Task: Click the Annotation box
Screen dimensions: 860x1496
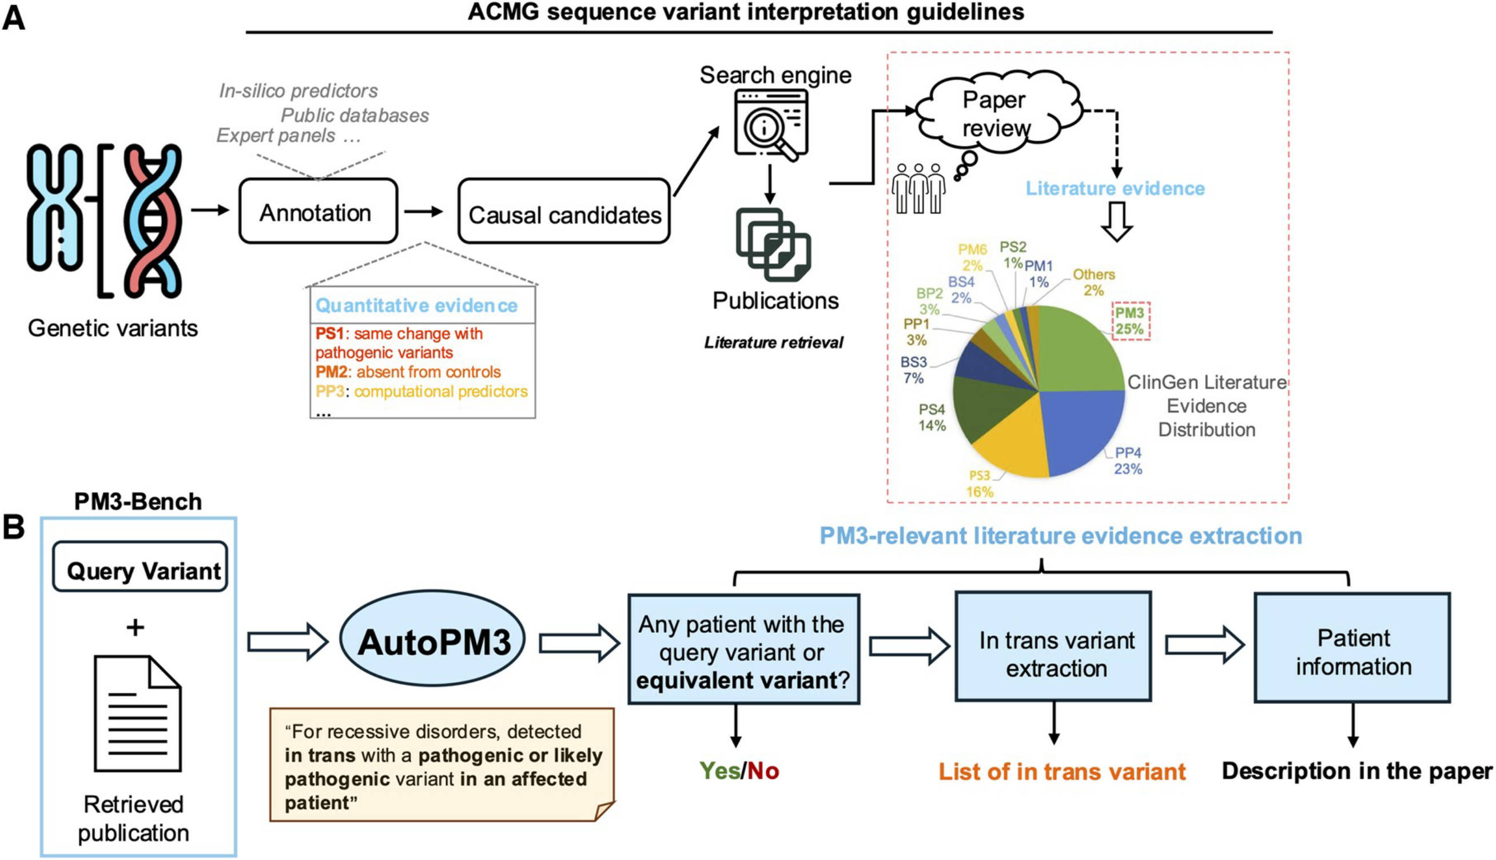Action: pyautogui.click(x=317, y=212)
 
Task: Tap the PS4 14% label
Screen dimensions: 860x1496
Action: pyautogui.click(x=932, y=417)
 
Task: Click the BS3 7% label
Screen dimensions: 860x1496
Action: pyautogui.click(x=913, y=370)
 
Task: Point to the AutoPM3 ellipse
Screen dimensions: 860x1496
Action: pyautogui.click(x=433, y=640)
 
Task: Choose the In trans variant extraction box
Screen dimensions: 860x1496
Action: pyautogui.click(x=1054, y=647)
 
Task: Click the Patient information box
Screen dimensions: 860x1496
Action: pyautogui.click(x=1352, y=648)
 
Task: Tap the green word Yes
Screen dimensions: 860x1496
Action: pyautogui.click(x=719, y=771)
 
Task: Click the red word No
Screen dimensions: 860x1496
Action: pyautogui.click(x=763, y=771)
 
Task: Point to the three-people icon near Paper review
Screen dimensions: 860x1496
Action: pyautogui.click(x=918, y=188)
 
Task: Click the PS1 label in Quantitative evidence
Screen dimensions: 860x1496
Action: pyautogui.click(x=329, y=334)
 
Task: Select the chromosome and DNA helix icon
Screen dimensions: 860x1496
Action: pyautogui.click(x=104, y=220)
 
